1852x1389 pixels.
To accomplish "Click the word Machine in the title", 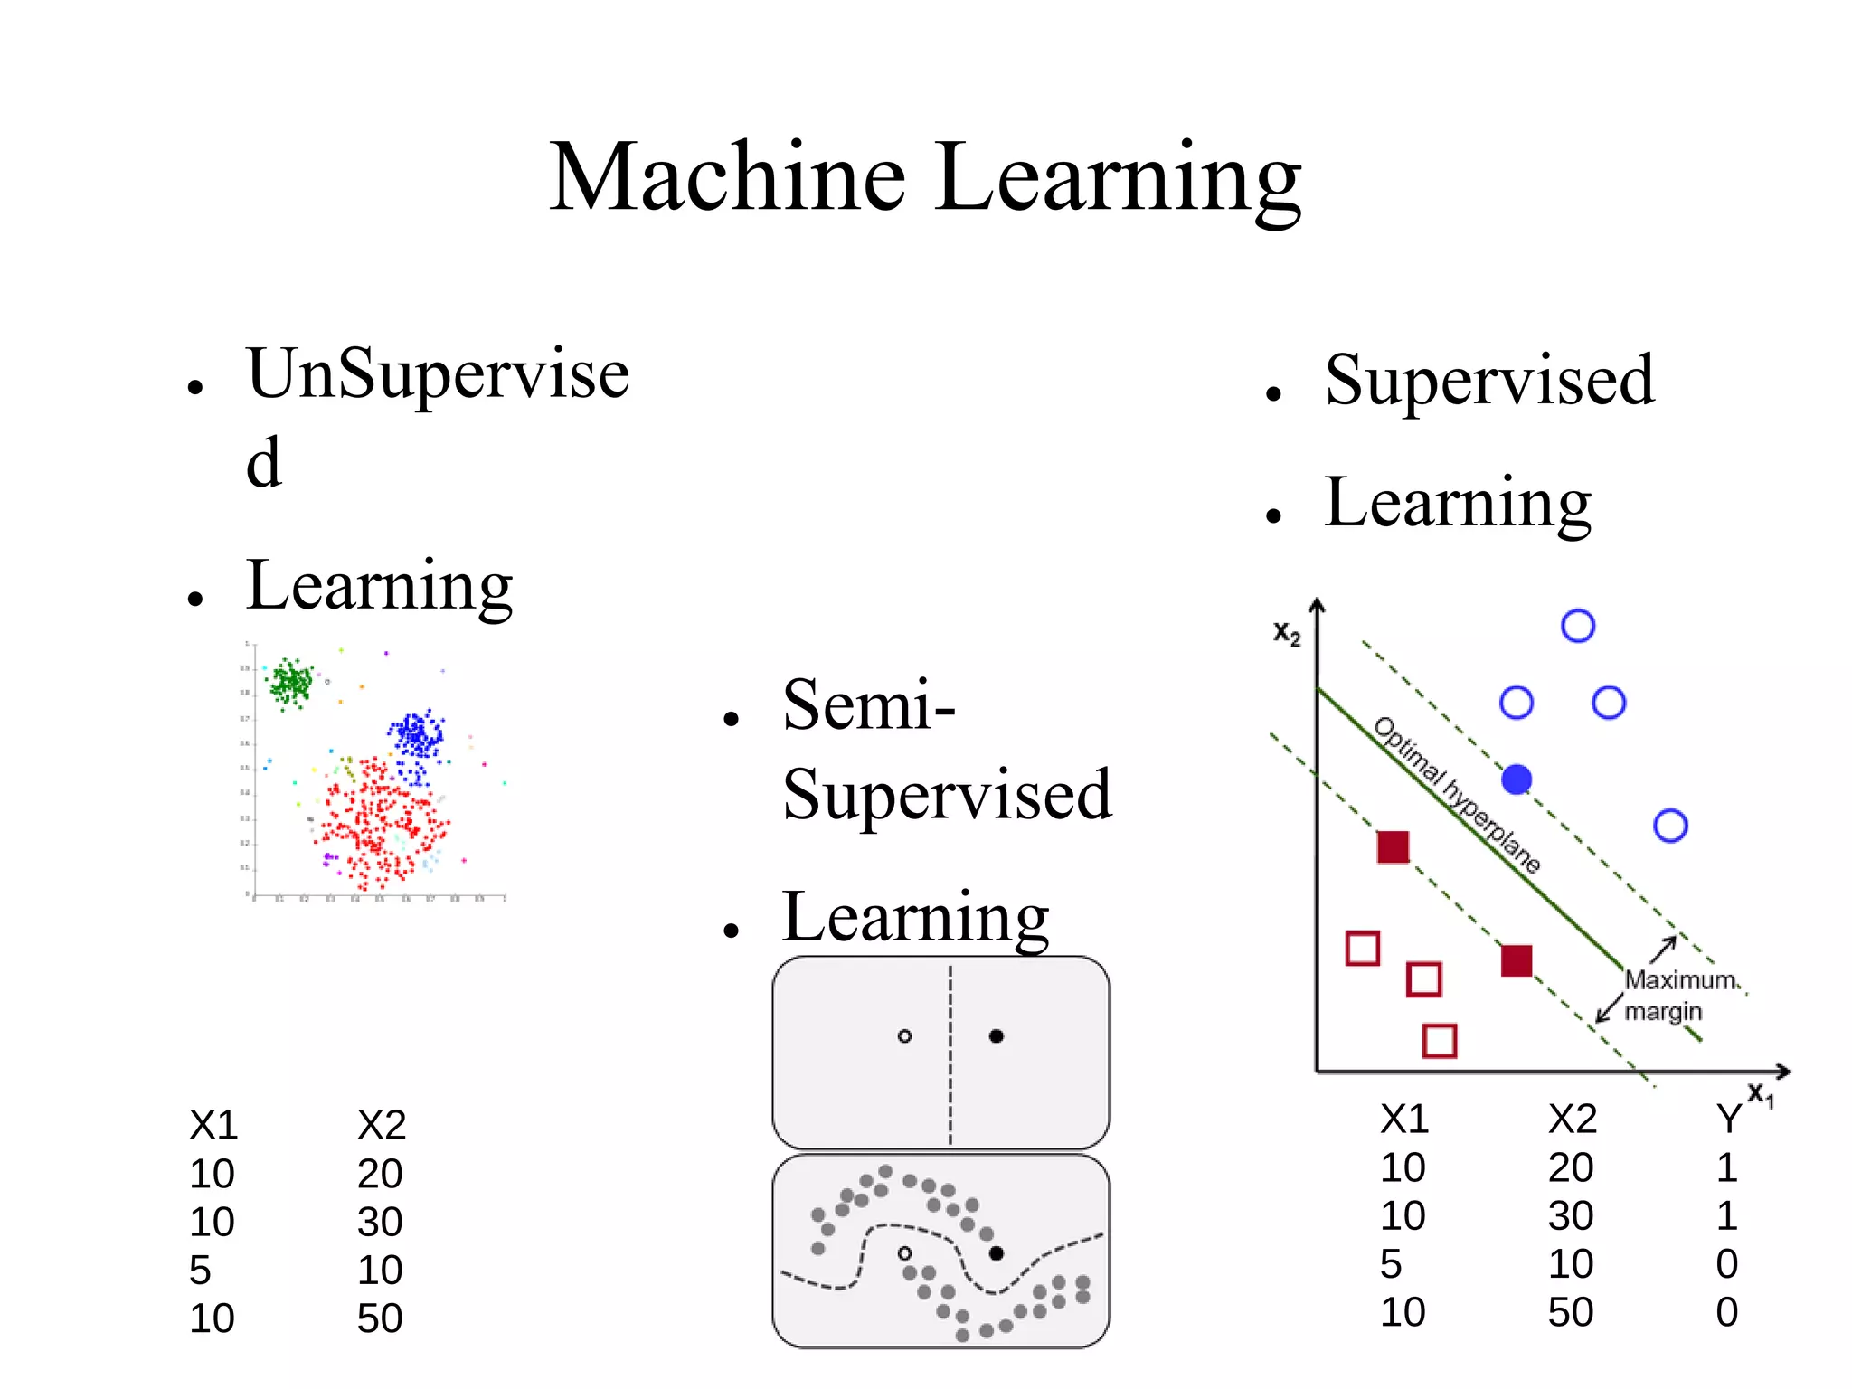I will (x=727, y=178).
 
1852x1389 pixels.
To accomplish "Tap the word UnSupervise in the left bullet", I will (x=438, y=374).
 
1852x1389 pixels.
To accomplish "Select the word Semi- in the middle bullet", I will (x=868, y=705).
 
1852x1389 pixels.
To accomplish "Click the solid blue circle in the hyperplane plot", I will (x=1517, y=780).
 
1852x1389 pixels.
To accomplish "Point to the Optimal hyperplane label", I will (x=1456, y=794).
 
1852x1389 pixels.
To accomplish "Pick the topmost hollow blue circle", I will (x=1578, y=626).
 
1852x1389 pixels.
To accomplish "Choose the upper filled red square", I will (x=1393, y=847).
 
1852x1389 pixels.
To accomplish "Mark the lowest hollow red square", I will (x=1440, y=1041).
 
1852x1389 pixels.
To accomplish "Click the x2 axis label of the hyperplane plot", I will (x=1287, y=634).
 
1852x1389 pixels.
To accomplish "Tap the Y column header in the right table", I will (x=1728, y=1120).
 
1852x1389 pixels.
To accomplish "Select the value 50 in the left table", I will (x=380, y=1318).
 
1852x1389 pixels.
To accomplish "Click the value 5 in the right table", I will (x=1391, y=1264).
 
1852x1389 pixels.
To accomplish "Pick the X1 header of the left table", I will (x=213, y=1126).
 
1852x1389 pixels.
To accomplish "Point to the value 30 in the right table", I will (x=1571, y=1216).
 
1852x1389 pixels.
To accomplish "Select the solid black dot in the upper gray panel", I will (x=997, y=1036).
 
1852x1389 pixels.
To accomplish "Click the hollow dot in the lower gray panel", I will (x=904, y=1253).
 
